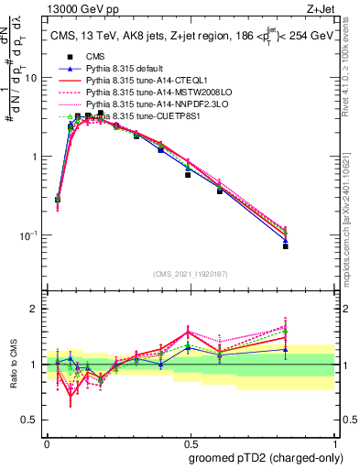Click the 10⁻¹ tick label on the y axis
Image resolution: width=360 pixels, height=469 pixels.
click(x=28, y=235)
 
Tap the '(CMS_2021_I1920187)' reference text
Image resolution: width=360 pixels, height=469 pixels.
click(x=191, y=274)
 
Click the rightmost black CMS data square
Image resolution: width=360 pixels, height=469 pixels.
click(x=311, y=246)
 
